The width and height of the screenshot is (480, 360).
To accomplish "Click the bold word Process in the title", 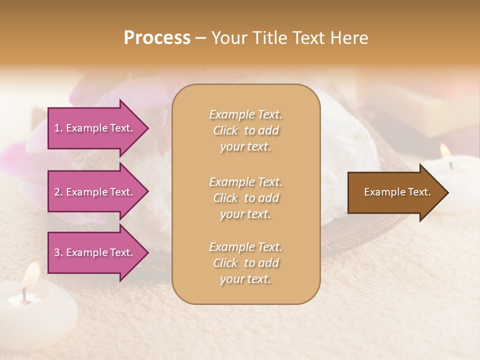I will point(157,38).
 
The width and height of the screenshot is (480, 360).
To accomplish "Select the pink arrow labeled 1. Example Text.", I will point(95,128).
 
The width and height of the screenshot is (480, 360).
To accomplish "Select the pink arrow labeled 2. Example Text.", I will point(95,192).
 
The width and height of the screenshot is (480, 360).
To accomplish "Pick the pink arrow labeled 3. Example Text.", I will point(95,252).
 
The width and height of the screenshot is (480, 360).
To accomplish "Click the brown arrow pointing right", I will point(395,192).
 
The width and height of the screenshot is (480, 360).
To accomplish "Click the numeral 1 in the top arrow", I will point(56,128).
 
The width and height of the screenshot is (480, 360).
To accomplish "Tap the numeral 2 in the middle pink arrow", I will point(57,192).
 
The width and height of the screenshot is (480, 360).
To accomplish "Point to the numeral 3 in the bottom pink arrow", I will point(57,252).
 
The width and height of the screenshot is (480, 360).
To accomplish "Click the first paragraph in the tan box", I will point(245,130).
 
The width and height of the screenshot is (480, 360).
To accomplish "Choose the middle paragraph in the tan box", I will point(245,198).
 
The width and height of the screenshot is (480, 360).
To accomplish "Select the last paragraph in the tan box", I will point(245,263).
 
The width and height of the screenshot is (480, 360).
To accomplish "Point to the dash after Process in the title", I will point(201,38).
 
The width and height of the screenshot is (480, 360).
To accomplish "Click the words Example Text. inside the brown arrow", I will point(397,192).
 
